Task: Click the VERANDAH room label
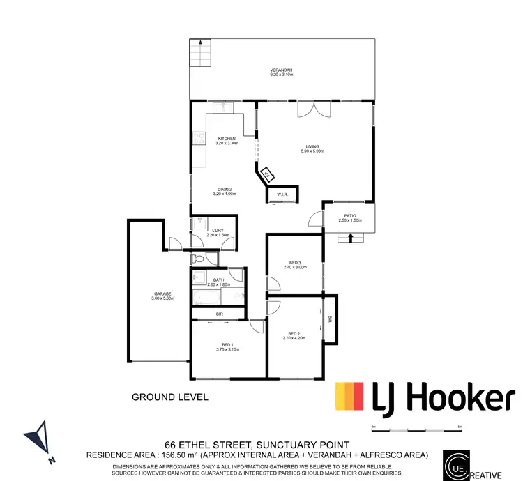coord(281,69)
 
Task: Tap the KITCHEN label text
coord(227,139)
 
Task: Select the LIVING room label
coord(312,146)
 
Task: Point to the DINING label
coord(225,189)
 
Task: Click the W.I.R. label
coord(282,194)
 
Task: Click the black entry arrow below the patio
coord(351,238)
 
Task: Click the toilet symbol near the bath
coord(198,259)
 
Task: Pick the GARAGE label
coord(162,294)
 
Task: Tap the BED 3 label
coord(295,262)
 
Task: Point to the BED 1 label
coord(228,345)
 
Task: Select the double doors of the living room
coord(312,110)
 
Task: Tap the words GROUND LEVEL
coord(169,397)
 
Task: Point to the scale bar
coord(416,431)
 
